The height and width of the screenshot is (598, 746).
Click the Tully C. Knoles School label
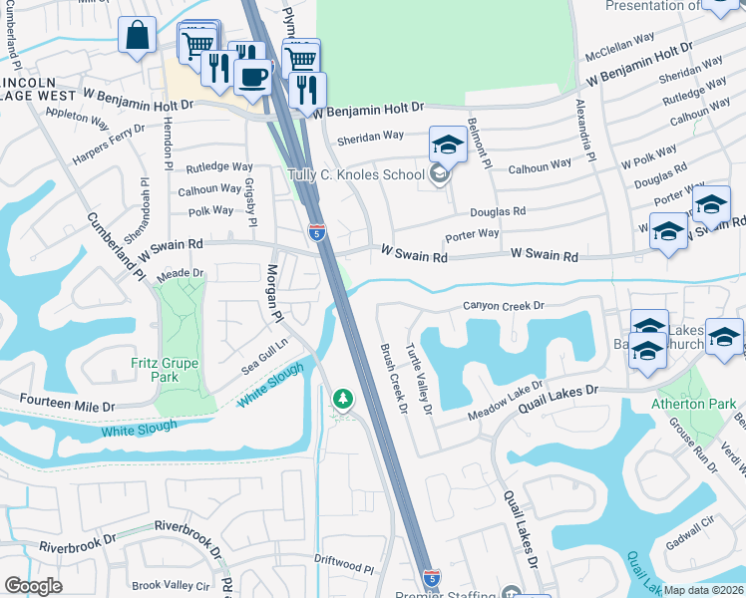point(356,174)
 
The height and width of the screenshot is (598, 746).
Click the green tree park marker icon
point(343,400)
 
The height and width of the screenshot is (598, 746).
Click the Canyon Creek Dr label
point(504,306)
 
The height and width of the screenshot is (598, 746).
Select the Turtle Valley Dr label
point(419,379)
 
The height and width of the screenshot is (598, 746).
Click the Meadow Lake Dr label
point(505,398)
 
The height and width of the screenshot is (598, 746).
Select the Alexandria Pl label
point(589,130)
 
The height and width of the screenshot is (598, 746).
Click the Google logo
point(33,586)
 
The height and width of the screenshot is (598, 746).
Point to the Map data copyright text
point(704,590)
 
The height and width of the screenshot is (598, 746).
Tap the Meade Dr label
point(181,273)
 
